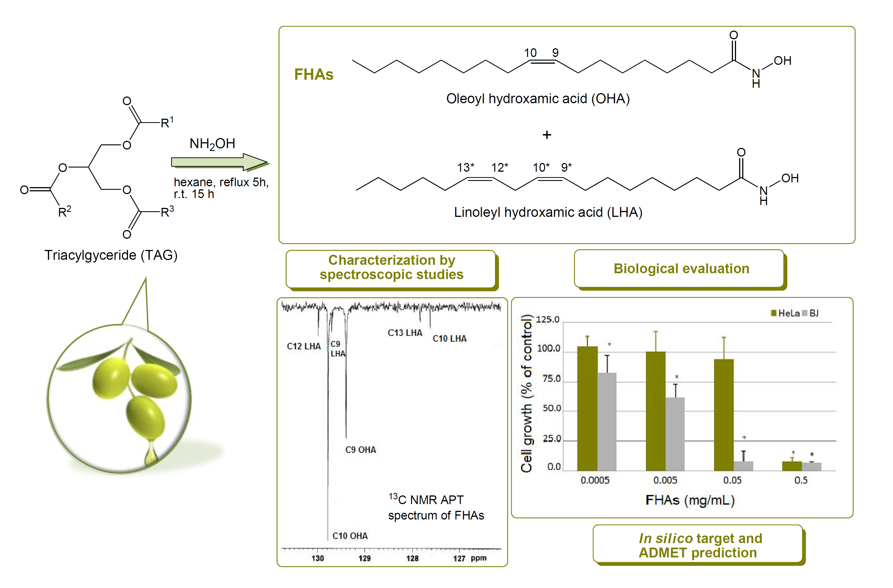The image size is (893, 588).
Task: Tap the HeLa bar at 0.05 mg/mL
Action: [724, 415]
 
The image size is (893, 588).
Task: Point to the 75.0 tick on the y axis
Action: [551, 378]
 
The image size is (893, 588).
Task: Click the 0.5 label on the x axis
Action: [801, 480]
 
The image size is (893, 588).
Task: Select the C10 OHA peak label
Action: [350, 536]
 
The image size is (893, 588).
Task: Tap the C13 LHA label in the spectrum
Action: [405, 333]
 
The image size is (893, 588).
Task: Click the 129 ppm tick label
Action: [364, 558]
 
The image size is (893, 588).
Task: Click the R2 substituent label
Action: [64, 212]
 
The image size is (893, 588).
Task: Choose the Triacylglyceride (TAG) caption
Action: [111, 255]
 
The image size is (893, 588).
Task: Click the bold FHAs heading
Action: [314, 74]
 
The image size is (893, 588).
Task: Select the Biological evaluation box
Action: [681, 269]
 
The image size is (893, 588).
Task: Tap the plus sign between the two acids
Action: [547, 135]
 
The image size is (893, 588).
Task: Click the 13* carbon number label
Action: [465, 167]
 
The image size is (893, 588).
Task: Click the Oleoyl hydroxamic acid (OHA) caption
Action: [538, 99]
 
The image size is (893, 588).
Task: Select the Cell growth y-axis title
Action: [526, 393]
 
